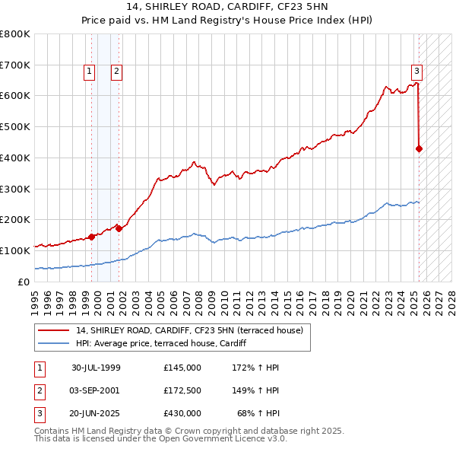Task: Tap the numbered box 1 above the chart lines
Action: coord(90,72)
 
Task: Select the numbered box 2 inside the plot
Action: coord(116,72)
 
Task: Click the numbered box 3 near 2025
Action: coord(417,72)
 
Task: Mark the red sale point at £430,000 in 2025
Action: coord(419,148)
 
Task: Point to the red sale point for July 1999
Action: coord(92,237)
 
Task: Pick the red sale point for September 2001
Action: coord(119,228)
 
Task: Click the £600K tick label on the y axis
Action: coord(15,96)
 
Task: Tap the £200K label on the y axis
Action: coord(15,219)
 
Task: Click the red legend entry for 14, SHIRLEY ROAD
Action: coord(189,330)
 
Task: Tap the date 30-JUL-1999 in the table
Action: coord(96,367)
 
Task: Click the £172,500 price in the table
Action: coord(182,390)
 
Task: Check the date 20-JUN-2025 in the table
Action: coord(96,413)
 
